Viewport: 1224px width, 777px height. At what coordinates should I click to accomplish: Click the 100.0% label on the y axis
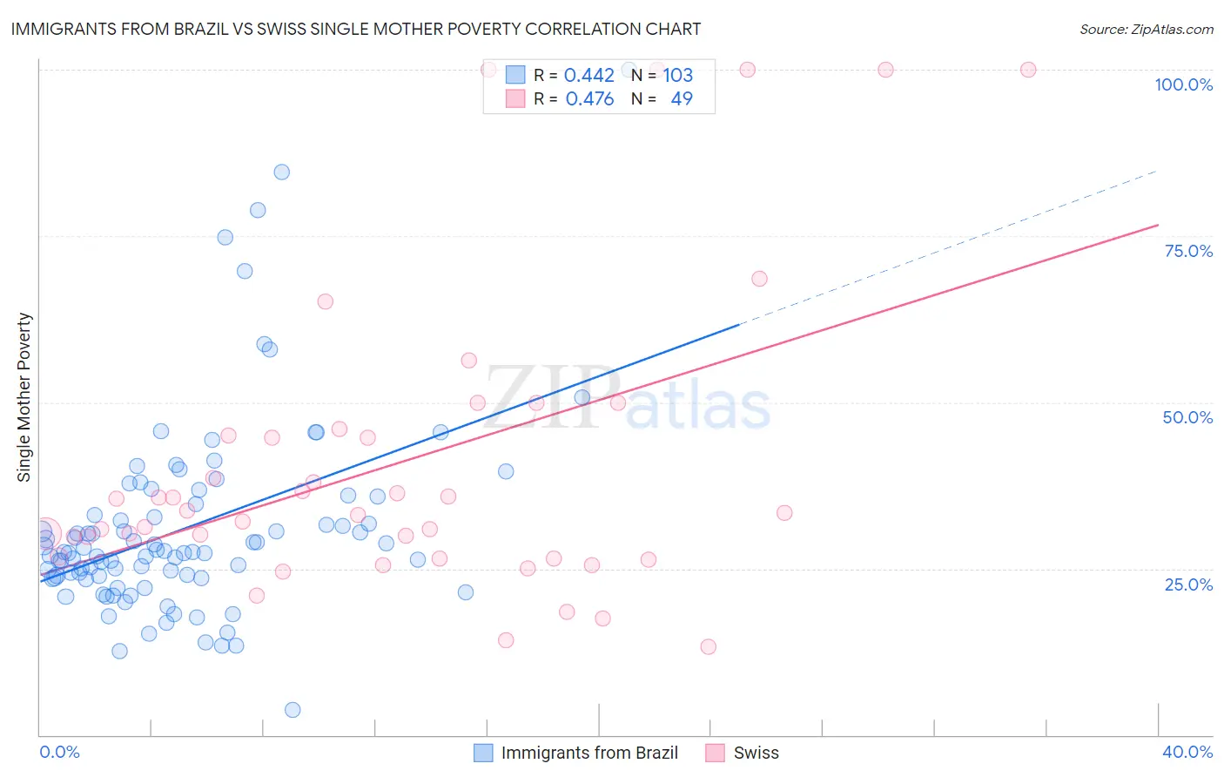click(x=1183, y=84)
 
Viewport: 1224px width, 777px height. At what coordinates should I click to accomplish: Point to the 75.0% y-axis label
click(x=1188, y=251)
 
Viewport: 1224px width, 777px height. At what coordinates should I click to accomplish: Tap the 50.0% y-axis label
click(x=1187, y=417)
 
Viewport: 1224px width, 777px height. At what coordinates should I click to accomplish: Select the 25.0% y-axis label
click(x=1188, y=584)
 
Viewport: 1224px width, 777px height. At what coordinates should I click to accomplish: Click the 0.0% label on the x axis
click(x=59, y=752)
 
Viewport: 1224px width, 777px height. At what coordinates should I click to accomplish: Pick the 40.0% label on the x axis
click(x=1187, y=752)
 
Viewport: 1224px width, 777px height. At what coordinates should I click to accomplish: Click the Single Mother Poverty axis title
click(x=24, y=397)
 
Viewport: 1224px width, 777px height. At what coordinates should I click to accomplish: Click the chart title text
click(x=356, y=29)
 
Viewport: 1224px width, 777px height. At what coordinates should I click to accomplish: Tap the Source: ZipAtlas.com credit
click(x=1146, y=29)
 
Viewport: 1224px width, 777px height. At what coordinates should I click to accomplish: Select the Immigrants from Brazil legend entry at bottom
click(x=589, y=753)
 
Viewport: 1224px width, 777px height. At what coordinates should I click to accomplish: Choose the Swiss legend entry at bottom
click(x=756, y=753)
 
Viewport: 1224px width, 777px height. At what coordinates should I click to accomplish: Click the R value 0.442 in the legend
click(x=589, y=75)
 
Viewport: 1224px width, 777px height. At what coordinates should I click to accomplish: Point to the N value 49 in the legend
click(x=682, y=98)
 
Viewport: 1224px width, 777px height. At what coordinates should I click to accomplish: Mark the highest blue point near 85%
click(x=282, y=172)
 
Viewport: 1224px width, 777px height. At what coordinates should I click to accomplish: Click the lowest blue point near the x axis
click(x=293, y=710)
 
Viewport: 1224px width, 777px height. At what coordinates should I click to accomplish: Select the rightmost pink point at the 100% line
click(x=1028, y=70)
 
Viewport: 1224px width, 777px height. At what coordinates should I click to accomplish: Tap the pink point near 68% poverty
click(x=759, y=279)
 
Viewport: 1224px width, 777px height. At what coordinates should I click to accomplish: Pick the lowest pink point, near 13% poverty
click(x=709, y=646)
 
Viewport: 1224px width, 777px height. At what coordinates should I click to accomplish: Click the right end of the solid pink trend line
click(x=1158, y=225)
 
